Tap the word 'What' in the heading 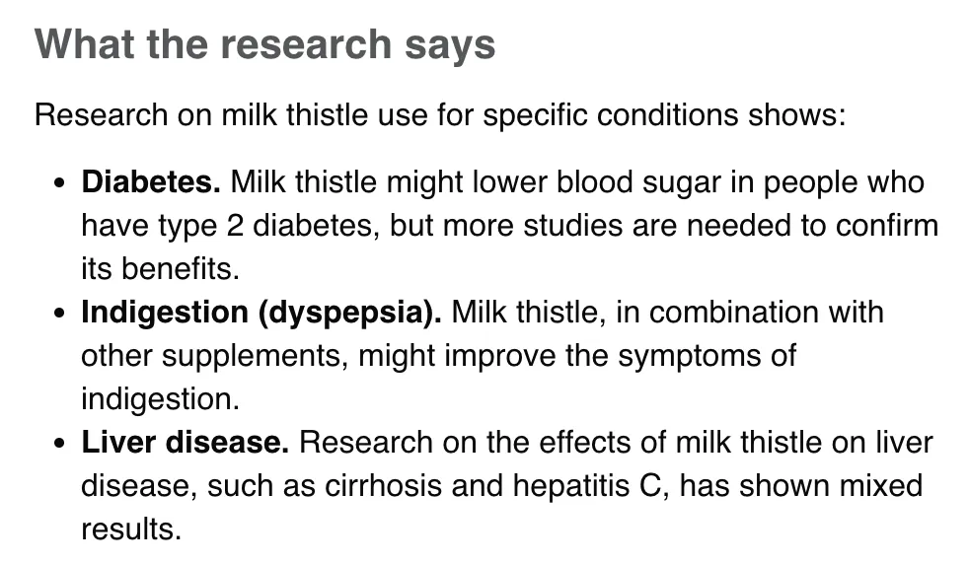point(85,43)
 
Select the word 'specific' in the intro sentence point(535,115)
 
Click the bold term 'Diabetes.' point(151,182)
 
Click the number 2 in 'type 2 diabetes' point(235,226)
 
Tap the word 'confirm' point(887,225)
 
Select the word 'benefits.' point(180,269)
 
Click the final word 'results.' point(131,529)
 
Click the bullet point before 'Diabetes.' point(59,183)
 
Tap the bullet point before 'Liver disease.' point(59,444)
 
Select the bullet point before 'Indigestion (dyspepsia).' point(59,314)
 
